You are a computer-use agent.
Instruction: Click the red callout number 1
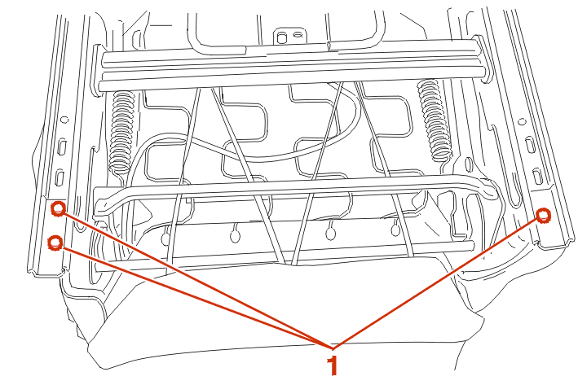(x=333, y=365)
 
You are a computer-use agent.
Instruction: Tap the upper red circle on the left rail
(x=58, y=208)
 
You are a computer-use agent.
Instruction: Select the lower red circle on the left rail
(x=55, y=243)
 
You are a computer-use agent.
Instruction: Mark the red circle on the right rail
(x=543, y=216)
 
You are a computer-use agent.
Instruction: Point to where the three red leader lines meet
(x=333, y=348)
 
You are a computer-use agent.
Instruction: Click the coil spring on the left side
(x=122, y=131)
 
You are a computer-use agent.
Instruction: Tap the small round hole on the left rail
(x=64, y=120)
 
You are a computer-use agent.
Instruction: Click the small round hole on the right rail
(x=522, y=122)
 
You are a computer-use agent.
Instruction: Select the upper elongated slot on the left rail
(x=62, y=146)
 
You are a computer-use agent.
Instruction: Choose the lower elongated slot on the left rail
(x=60, y=177)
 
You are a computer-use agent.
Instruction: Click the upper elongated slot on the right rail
(x=530, y=145)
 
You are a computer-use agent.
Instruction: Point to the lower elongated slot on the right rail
(x=538, y=176)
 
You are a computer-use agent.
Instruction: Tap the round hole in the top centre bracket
(x=282, y=38)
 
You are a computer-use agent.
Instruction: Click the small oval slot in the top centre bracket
(x=298, y=35)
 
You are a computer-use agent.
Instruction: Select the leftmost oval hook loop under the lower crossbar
(x=165, y=238)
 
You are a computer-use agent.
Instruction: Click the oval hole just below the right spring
(x=469, y=165)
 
